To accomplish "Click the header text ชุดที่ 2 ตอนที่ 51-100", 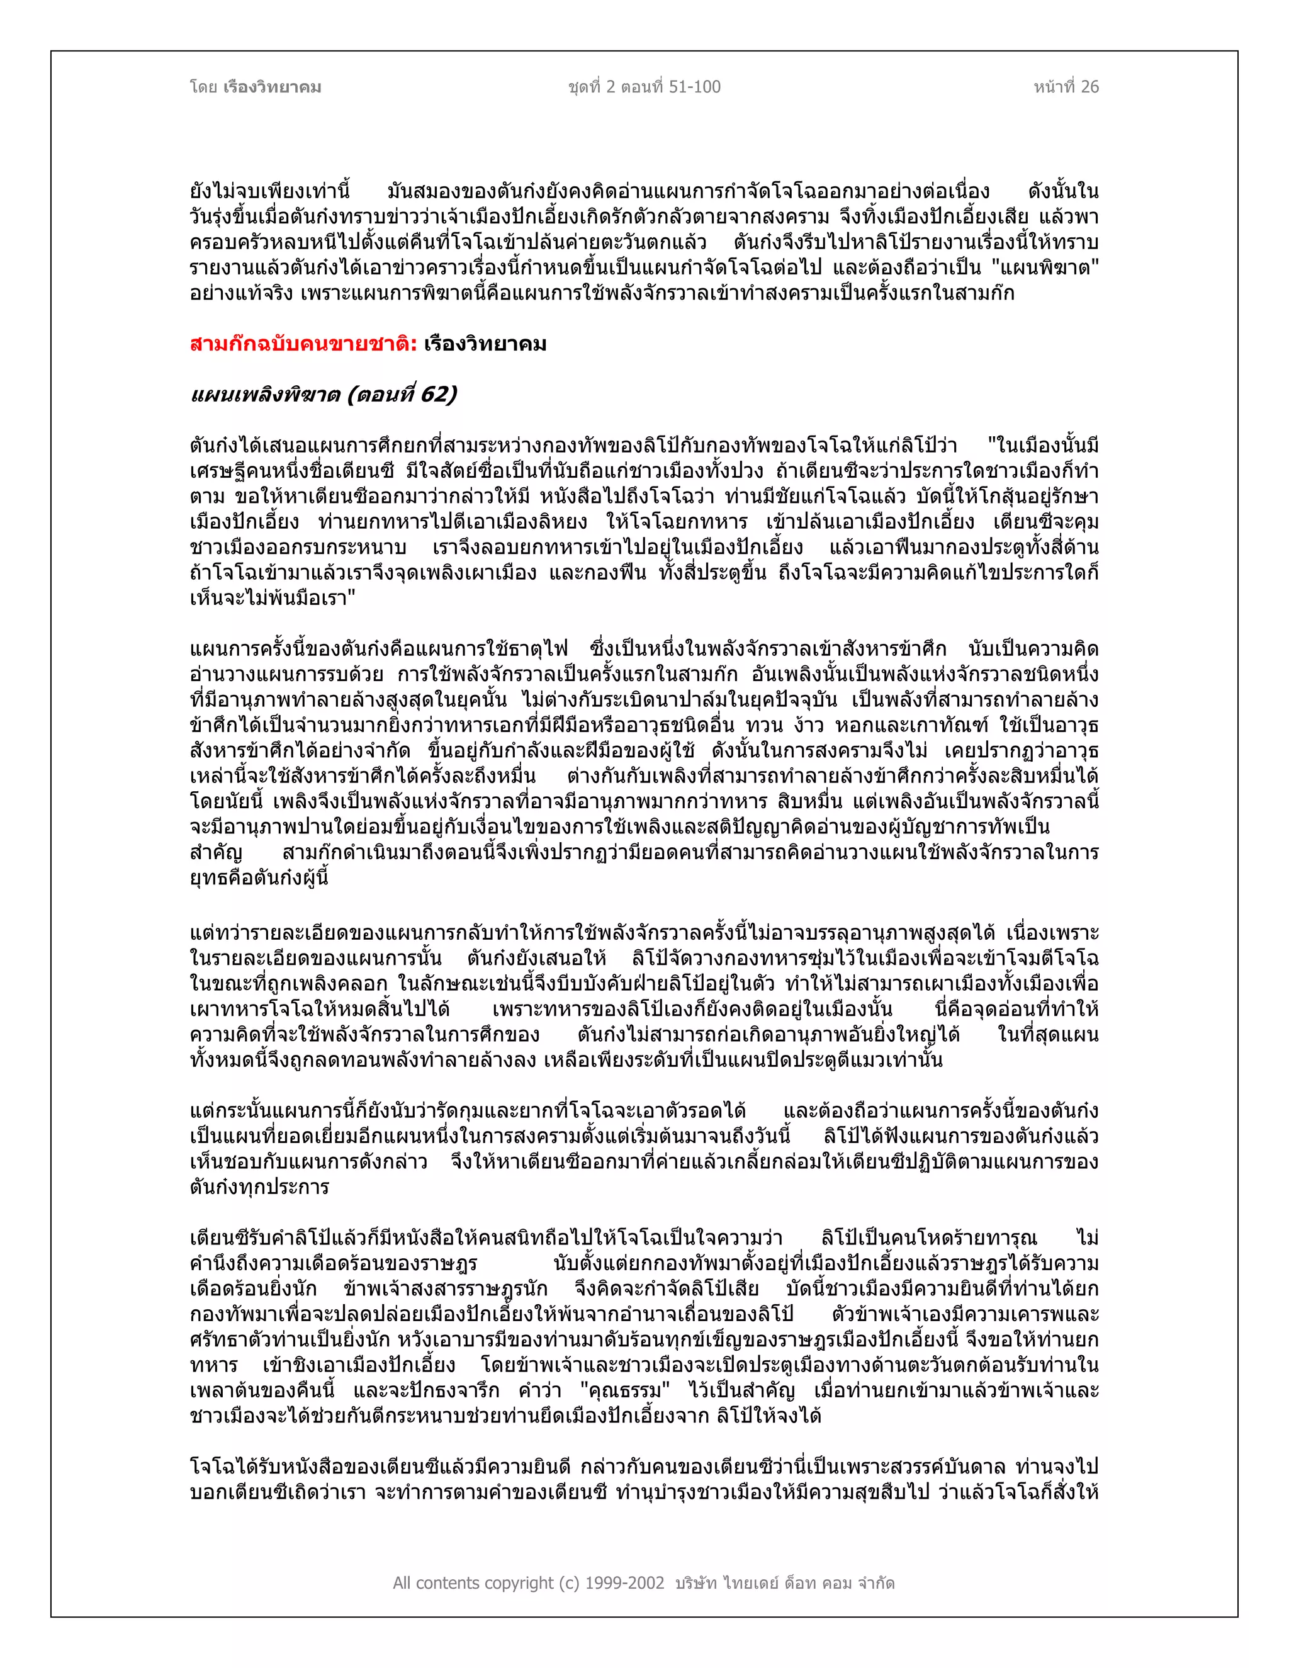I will pos(644,87).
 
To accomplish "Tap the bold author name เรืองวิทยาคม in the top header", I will pos(272,87).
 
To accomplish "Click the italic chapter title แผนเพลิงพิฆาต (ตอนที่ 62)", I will pos(323,394).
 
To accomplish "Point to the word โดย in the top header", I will pos(204,87).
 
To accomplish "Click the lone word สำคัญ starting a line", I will pos(216,852).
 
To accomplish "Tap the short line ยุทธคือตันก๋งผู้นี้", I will pos(260,877).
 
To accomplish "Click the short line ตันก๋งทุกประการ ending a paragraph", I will pos(260,1187).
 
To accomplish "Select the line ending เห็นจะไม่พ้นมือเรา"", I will pos(273,597).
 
